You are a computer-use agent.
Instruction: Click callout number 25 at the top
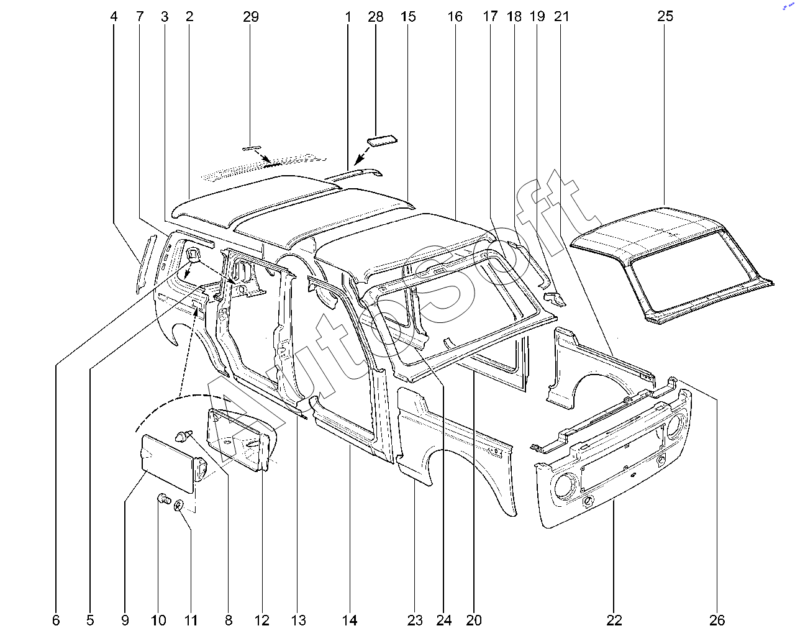pyautogui.click(x=665, y=16)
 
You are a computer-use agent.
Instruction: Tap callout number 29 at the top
pyautogui.click(x=250, y=17)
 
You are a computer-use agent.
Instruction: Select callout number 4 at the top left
pyautogui.click(x=114, y=17)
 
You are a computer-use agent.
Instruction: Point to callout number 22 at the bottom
pyautogui.click(x=614, y=620)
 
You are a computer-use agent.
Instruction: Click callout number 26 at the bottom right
pyautogui.click(x=717, y=620)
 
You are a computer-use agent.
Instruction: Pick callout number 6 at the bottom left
pyautogui.click(x=56, y=620)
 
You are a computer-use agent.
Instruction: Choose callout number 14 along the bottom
pyautogui.click(x=349, y=620)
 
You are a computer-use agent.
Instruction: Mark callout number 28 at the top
pyautogui.click(x=375, y=17)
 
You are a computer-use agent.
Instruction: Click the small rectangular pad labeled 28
pyautogui.click(x=382, y=142)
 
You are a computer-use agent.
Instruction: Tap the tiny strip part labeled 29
pyautogui.click(x=251, y=148)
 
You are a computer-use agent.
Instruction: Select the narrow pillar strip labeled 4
pyautogui.click(x=145, y=263)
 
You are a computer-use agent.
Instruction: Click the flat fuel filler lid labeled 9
pyautogui.click(x=168, y=463)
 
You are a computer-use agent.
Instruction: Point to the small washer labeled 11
pyautogui.click(x=179, y=504)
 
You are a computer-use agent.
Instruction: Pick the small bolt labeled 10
pyautogui.click(x=163, y=499)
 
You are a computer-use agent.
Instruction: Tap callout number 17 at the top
pyautogui.click(x=490, y=17)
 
